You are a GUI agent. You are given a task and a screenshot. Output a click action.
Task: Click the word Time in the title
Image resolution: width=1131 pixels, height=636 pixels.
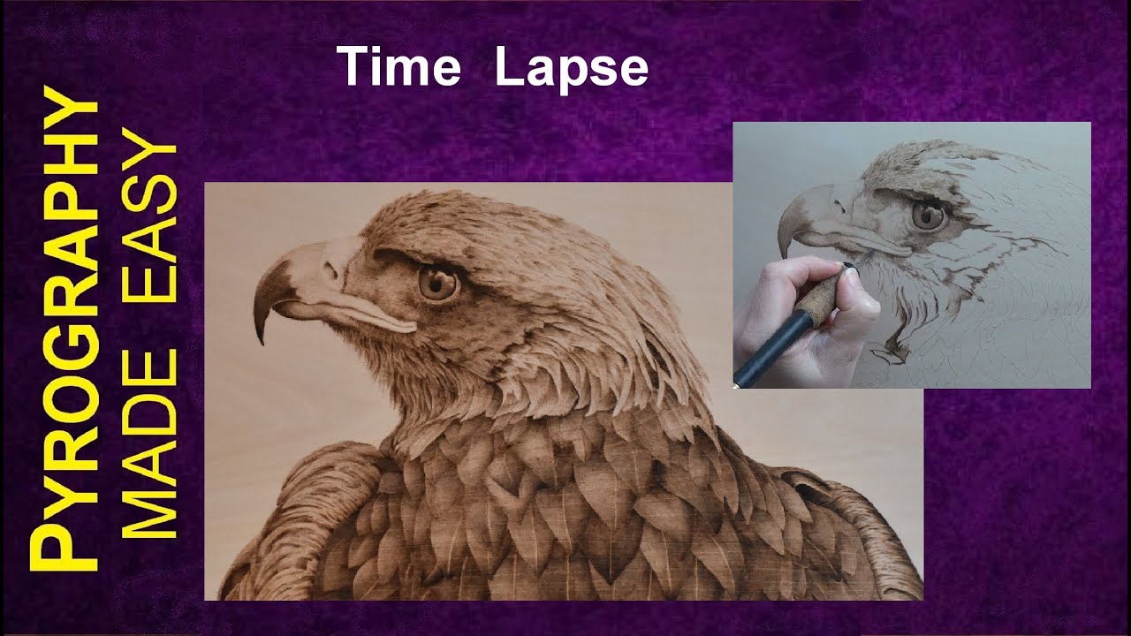398,69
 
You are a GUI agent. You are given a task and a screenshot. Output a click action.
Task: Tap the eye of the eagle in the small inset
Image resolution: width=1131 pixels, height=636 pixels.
928,215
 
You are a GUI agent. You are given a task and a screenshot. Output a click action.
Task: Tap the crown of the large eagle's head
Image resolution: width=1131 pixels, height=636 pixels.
468,212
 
